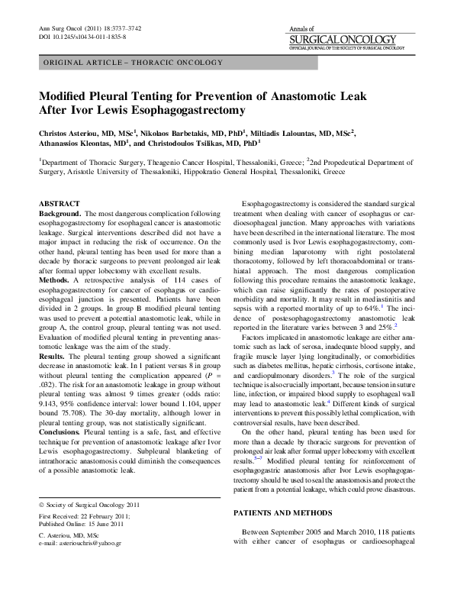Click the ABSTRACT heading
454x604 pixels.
(60, 205)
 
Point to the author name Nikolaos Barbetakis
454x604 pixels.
(178, 131)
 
